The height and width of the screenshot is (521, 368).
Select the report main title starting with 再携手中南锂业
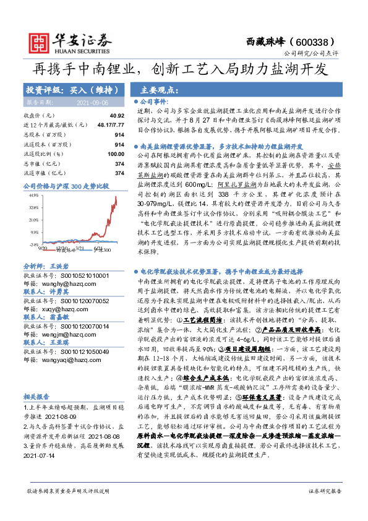tap(184, 69)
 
